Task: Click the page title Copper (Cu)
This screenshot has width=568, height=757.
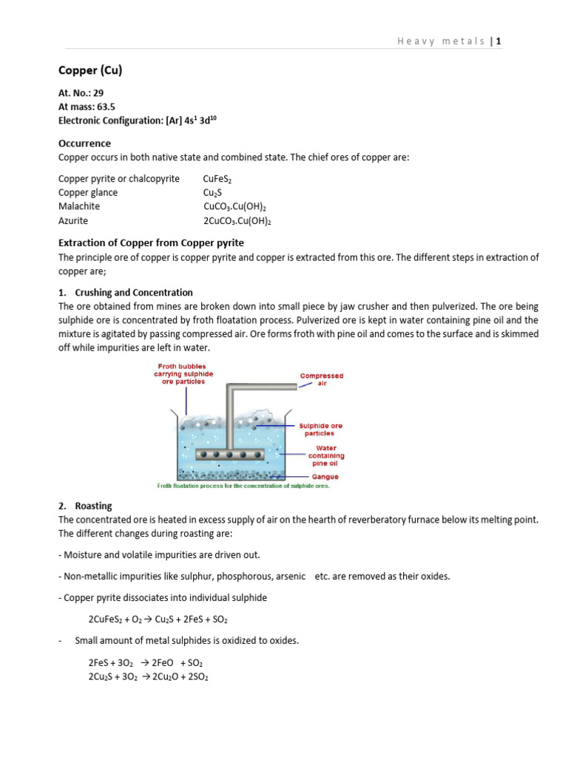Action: click(x=90, y=71)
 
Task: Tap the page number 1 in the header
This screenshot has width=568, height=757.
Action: click(x=499, y=41)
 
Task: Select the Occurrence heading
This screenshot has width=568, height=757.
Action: click(x=84, y=143)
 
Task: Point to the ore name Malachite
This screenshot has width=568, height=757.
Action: click(x=79, y=206)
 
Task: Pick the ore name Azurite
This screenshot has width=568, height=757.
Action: click(x=73, y=220)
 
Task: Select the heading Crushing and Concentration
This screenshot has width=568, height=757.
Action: click(x=133, y=293)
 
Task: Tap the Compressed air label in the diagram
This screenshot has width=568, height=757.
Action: click(x=321, y=379)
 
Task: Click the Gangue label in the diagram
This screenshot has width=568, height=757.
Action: click(x=325, y=477)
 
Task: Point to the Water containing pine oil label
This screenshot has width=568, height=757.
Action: click(x=326, y=455)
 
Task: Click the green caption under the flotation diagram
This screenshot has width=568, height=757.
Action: click(x=243, y=486)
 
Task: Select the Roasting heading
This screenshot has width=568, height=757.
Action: click(x=93, y=506)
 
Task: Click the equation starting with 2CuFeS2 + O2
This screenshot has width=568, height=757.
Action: click(x=163, y=619)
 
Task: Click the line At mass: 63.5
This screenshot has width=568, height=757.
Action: click(x=87, y=106)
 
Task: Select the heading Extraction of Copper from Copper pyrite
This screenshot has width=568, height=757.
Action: click(x=151, y=242)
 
